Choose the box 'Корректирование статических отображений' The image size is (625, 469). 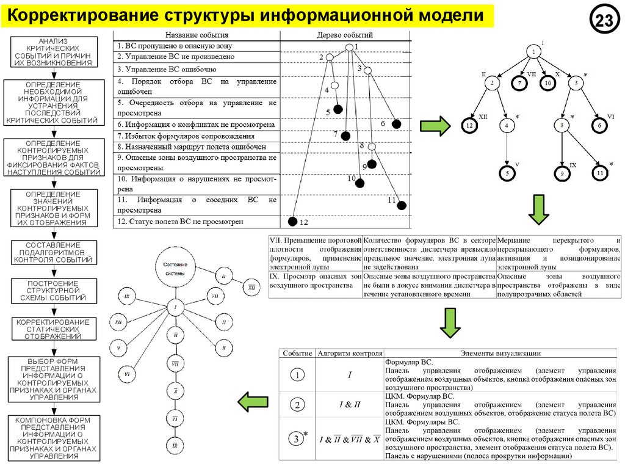point(52,329)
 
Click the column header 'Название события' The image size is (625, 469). point(197,35)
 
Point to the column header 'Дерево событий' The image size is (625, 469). point(345,35)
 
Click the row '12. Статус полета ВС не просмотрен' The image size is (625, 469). point(196,222)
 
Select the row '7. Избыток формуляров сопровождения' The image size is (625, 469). point(196,136)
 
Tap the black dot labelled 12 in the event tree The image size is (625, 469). point(292,221)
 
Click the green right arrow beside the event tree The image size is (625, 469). point(435,126)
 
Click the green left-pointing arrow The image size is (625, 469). point(253,402)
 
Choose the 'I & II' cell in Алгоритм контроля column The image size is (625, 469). point(350,404)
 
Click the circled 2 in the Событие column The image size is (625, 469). point(297,405)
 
